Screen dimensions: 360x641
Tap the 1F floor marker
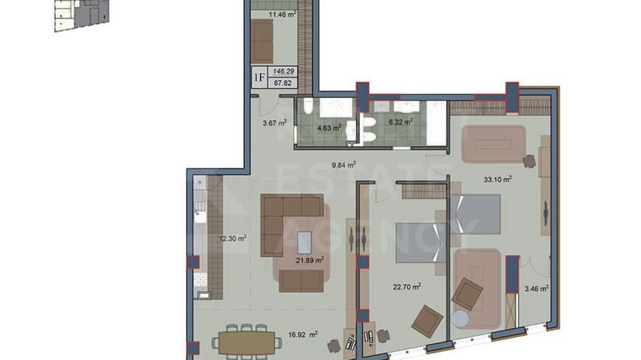point(260,77)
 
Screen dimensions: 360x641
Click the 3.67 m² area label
point(275,123)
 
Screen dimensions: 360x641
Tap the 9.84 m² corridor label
point(344,165)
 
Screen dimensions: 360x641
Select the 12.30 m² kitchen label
point(232,238)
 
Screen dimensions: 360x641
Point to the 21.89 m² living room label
point(310,260)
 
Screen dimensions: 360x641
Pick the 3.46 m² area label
point(536,289)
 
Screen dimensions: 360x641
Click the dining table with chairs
point(246,341)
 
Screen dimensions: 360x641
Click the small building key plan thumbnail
point(77,14)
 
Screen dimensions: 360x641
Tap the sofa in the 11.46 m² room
point(262,40)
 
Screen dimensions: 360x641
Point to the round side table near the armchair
point(461,320)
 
